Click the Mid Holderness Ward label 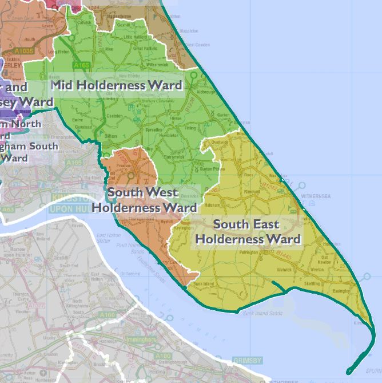(117, 86)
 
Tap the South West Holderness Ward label (144, 200)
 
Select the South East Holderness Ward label (248, 231)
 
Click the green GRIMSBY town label (247, 360)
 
